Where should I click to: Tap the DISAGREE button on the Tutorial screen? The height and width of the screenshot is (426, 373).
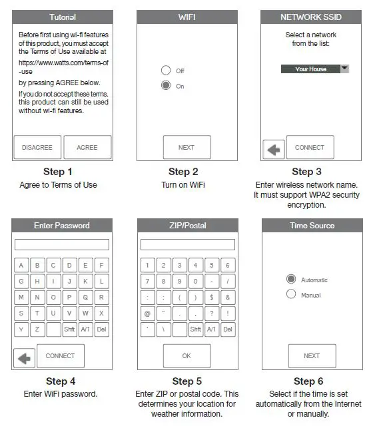(37, 147)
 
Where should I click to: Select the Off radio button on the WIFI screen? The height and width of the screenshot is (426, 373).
(166, 70)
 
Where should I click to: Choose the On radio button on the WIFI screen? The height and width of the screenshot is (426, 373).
(166, 86)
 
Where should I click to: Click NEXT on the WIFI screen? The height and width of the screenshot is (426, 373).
(186, 147)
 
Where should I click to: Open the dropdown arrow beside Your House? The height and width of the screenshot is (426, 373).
(344, 69)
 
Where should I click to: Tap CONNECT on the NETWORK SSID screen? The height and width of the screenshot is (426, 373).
(310, 147)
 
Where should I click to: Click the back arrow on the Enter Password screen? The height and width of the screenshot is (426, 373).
(24, 358)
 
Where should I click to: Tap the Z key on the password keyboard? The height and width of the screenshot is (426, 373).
(37, 329)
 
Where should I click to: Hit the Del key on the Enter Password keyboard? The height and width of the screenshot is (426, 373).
(101, 329)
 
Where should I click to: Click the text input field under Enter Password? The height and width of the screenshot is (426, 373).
(62, 244)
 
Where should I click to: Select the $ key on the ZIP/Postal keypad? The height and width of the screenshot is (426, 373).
(211, 297)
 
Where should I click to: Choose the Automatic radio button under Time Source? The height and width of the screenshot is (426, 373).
(291, 280)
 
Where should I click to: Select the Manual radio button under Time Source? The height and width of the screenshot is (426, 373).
(291, 294)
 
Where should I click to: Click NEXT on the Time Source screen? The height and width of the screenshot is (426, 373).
(312, 355)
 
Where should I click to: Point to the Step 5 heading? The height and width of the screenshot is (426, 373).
(186, 381)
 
